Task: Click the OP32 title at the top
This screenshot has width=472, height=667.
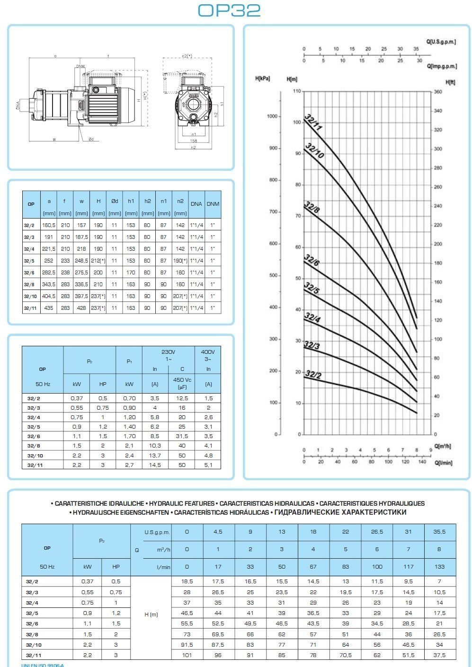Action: pos(229,10)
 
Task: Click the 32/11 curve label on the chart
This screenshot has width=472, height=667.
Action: pos(313,122)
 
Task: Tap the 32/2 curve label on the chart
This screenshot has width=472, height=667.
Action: pos(313,375)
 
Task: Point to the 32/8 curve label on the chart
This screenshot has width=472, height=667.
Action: pos(312,208)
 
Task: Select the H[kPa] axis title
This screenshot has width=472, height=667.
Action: pos(262,79)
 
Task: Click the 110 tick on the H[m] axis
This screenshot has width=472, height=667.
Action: pos(296,90)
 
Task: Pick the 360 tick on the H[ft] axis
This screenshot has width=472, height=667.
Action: pos(438,92)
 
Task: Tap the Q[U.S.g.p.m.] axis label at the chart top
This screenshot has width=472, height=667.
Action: pos(441,42)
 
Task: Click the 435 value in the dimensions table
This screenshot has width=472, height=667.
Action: pos(49,308)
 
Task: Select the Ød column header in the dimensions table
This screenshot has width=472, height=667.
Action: pos(114,201)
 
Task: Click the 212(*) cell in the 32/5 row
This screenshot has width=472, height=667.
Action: pos(98,261)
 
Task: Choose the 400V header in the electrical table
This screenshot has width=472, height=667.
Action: pos(207,352)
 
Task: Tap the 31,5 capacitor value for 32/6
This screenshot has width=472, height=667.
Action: pos(182,436)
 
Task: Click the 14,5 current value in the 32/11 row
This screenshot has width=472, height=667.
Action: pos(155,465)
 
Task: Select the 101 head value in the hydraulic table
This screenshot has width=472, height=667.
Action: pos(187,655)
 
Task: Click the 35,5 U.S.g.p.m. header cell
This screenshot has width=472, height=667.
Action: pos(439,532)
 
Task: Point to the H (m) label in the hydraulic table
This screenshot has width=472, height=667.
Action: pos(151,614)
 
